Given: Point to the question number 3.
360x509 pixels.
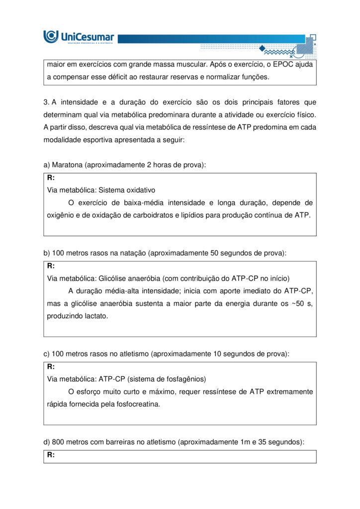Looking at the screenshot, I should (46, 102).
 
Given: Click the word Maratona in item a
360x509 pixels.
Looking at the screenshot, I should (68, 165).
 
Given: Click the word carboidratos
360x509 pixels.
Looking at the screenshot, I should (149, 215).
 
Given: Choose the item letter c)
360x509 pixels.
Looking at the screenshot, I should (47, 354).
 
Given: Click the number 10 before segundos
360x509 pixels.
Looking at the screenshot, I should (218, 354).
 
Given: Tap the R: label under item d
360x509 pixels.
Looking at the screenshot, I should (51, 455).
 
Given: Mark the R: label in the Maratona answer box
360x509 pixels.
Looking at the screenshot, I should (51, 177).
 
